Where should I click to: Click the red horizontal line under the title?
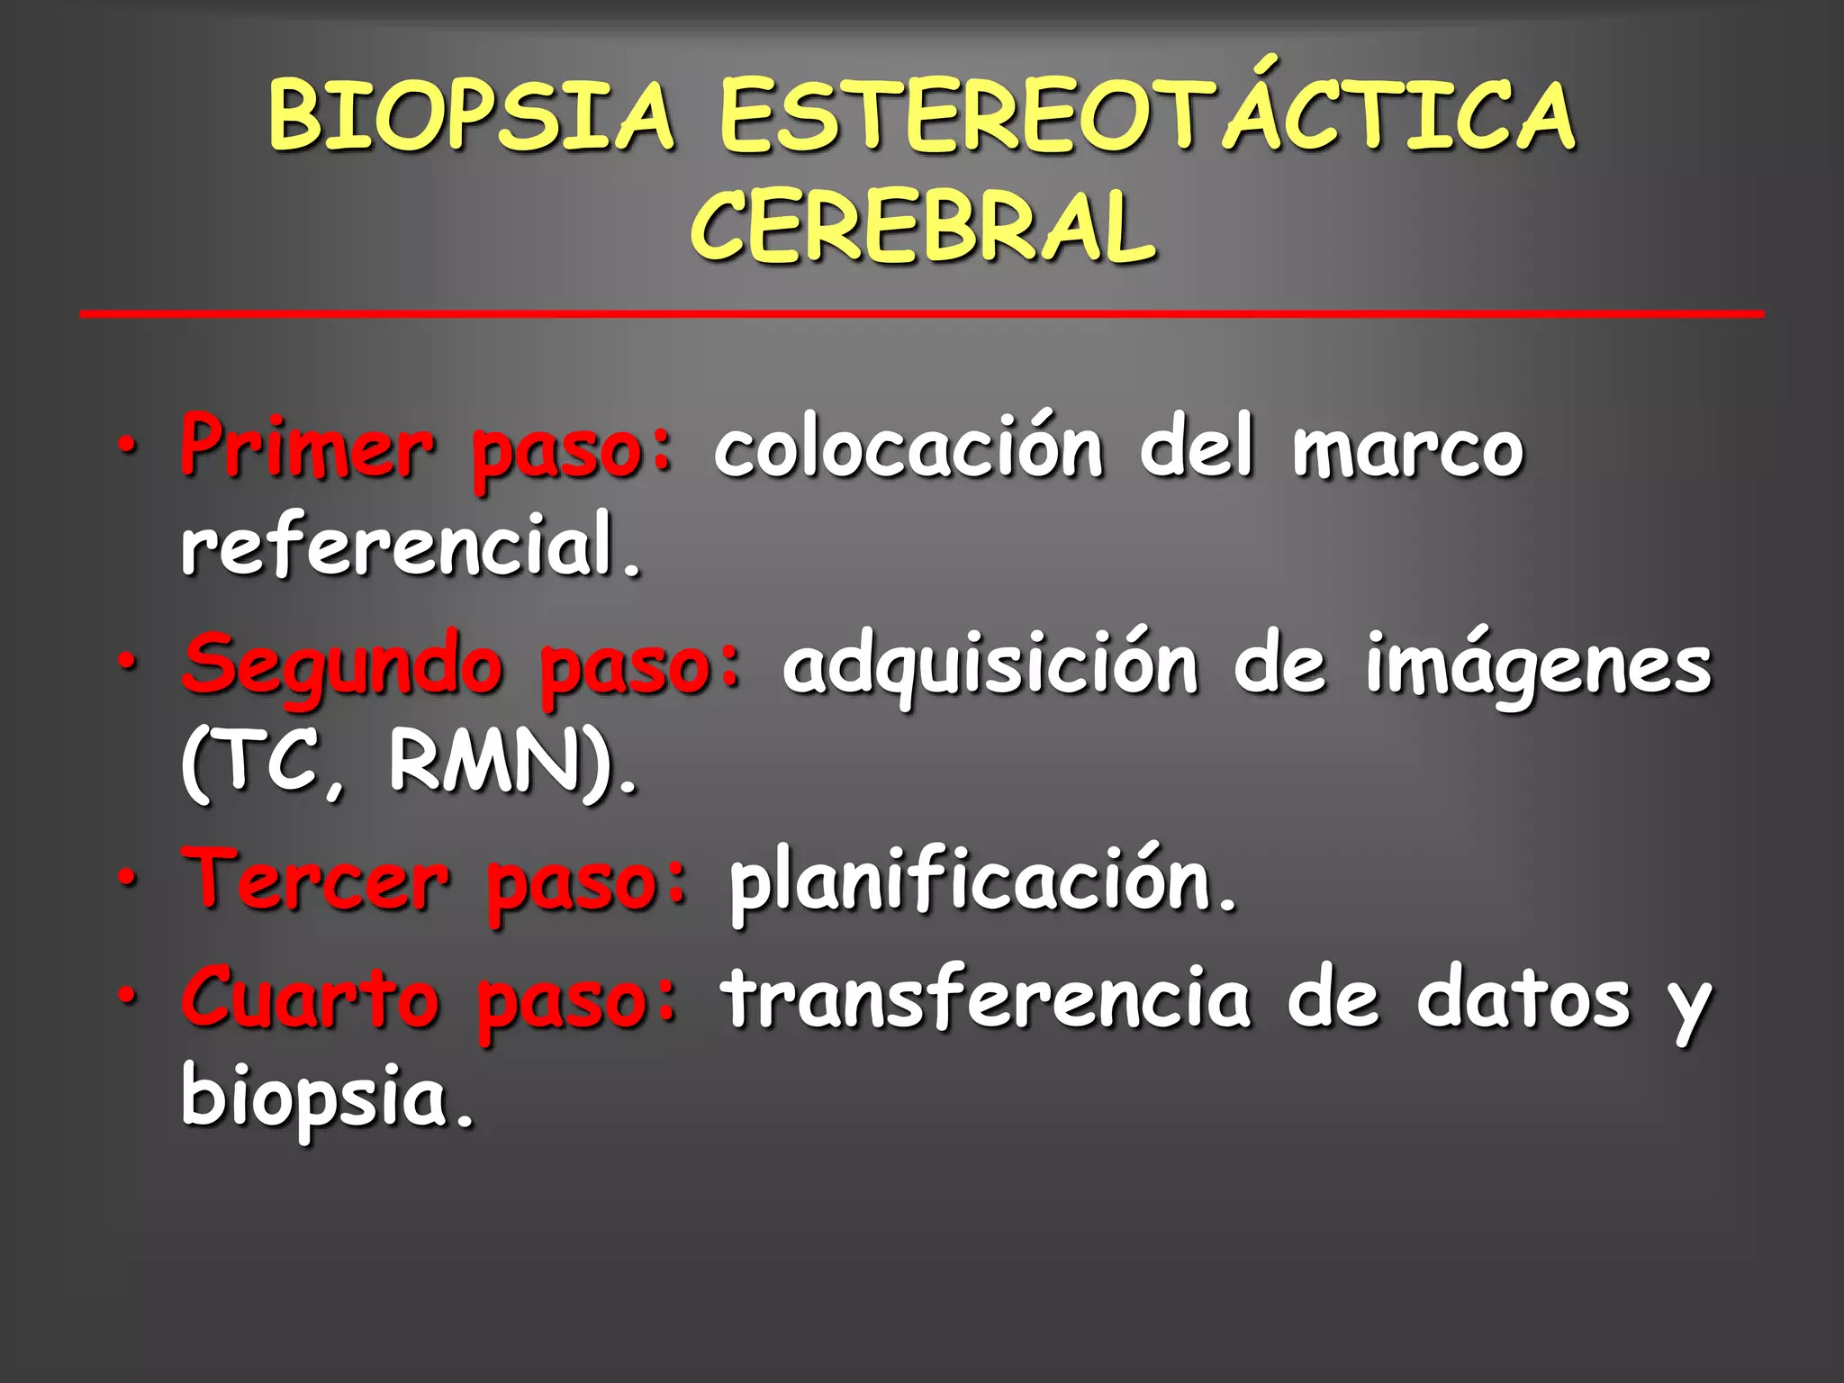921,313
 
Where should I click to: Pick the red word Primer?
307,447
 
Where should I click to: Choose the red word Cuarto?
312,999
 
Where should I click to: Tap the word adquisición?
990,666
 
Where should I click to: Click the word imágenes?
1538,666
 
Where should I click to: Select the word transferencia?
985,999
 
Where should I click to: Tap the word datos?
1523,999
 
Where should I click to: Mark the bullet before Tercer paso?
128,878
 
